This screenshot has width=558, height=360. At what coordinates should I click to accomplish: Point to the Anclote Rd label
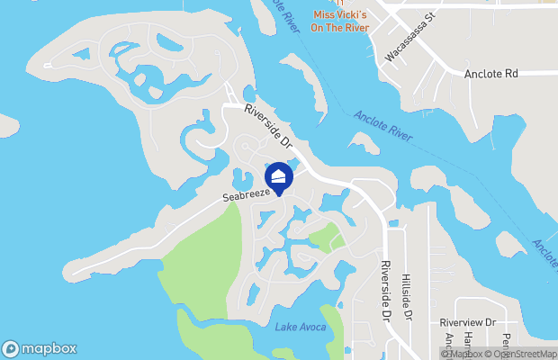[491, 74]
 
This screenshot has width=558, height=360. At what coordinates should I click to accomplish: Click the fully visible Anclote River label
[382, 127]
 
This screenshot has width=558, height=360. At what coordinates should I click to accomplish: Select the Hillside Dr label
[407, 298]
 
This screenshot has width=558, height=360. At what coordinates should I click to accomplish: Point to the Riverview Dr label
[468, 322]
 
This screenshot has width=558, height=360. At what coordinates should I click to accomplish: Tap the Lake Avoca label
[298, 326]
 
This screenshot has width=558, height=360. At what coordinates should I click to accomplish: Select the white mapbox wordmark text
[49, 348]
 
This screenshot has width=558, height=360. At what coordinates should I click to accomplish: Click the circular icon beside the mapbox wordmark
[11, 348]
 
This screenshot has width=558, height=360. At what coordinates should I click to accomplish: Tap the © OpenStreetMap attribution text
[521, 353]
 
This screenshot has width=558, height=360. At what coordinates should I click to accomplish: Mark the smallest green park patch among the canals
[324, 238]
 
